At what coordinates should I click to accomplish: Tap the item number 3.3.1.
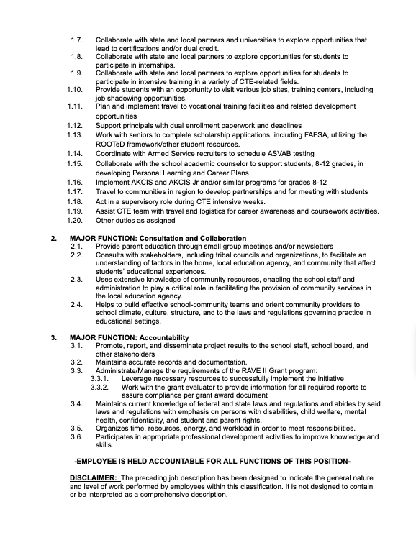100,378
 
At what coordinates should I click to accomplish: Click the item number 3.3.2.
100,387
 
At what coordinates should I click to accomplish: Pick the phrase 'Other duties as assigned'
135,221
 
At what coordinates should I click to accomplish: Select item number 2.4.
76,304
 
